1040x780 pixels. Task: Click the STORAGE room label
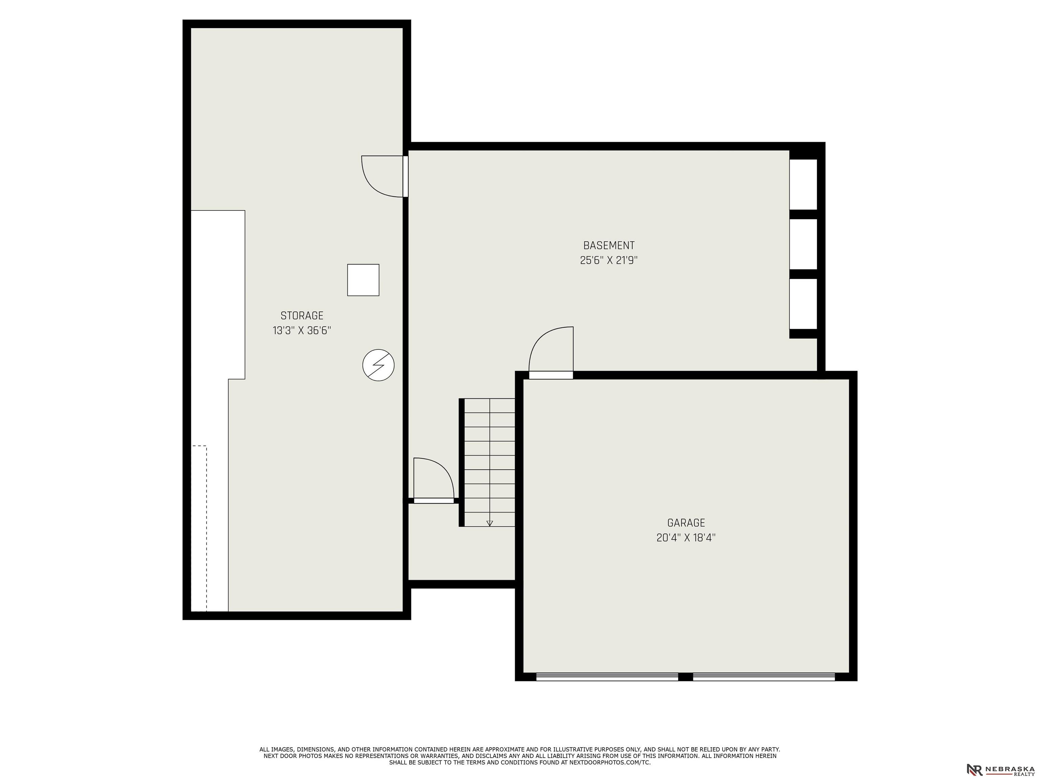tap(302, 316)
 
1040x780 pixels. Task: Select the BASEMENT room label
tap(609, 245)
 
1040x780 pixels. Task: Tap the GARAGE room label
tap(686, 523)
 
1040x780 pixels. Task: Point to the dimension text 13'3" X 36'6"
tap(302, 330)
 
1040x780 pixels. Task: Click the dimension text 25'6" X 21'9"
tap(609, 260)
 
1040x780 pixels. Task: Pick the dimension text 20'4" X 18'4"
tap(686, 537)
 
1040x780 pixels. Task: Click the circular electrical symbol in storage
tap(378, 365)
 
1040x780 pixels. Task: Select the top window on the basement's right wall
tap(803, 184)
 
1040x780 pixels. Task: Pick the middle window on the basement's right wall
tap(803, 244)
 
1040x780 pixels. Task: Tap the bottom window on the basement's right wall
tap(803, 304)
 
